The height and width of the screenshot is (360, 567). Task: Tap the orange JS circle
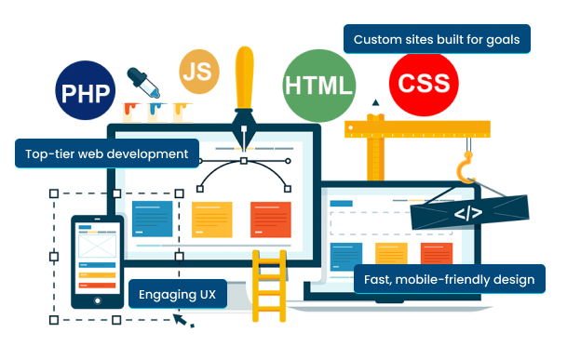[198, 73]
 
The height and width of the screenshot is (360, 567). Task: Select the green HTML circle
[319, 87]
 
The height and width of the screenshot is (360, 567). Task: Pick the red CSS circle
[424, 82]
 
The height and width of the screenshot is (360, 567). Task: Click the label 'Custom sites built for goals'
[437, 40]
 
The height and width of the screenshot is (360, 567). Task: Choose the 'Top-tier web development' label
[107, 153]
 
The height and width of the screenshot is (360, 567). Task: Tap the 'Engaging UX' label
[177, 295]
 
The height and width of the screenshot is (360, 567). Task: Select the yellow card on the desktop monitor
[211, 220]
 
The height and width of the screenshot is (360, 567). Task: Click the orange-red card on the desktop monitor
[270, 220]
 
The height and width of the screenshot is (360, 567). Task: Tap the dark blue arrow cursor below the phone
[185, 321]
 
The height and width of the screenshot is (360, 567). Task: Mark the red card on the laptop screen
[435, 254]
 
